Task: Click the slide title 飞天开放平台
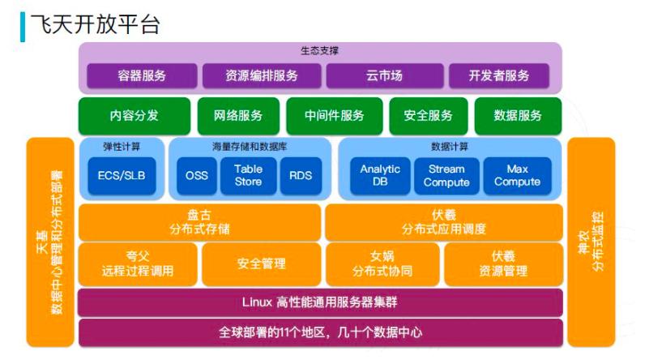(95, 24)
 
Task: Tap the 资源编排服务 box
(261, 76)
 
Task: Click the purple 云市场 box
(383, 76)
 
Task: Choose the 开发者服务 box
(499, 76)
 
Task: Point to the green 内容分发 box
(134, 116)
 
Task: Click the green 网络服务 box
(238, 116)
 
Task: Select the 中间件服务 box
(334, 116)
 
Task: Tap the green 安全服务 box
(428, 116)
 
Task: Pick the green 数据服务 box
(518, 116)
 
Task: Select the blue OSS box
(197, 176)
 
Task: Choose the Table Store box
(248, 176)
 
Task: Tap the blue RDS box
(300, 176)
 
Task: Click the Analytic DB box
(380, 176)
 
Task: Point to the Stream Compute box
(446, 176)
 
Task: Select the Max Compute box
(517, 176)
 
